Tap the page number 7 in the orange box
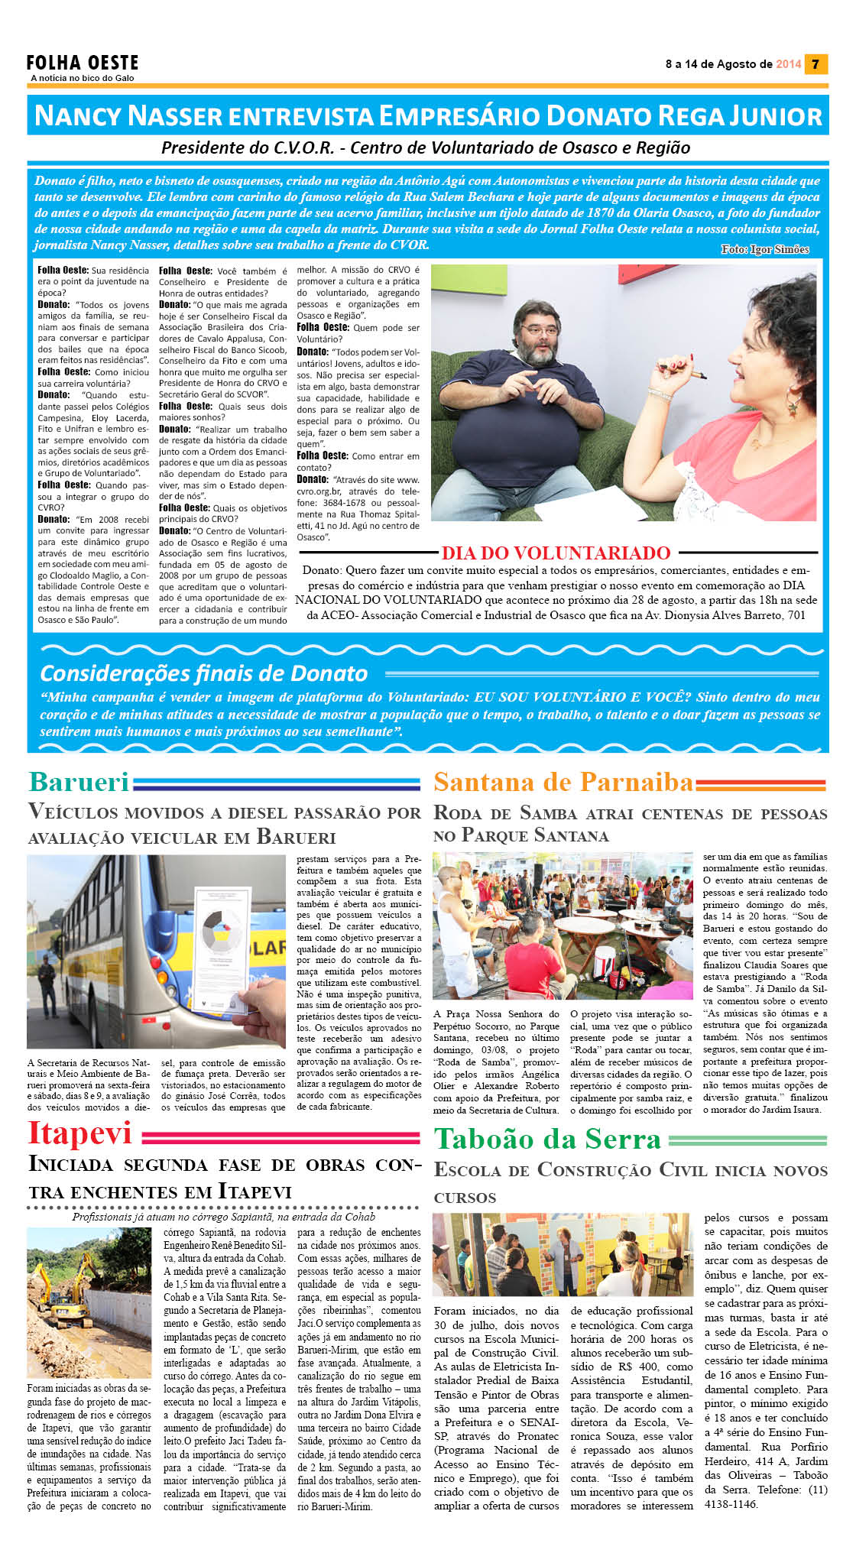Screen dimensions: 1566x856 click(815, 64)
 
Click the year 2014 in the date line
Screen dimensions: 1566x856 click(788, 64)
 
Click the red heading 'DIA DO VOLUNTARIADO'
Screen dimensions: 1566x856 click(556, 553)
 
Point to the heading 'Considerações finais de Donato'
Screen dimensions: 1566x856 click(204, 673)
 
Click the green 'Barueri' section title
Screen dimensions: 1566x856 click(79, 782)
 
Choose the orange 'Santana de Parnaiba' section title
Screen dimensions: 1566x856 click(563, 782)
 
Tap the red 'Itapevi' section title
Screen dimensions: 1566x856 click(79, 1133)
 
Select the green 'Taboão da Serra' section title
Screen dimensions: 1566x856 click(547, 1140)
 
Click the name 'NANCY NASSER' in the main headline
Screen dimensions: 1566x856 click(128, 116)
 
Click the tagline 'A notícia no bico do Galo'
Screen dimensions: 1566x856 click(83, 78)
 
